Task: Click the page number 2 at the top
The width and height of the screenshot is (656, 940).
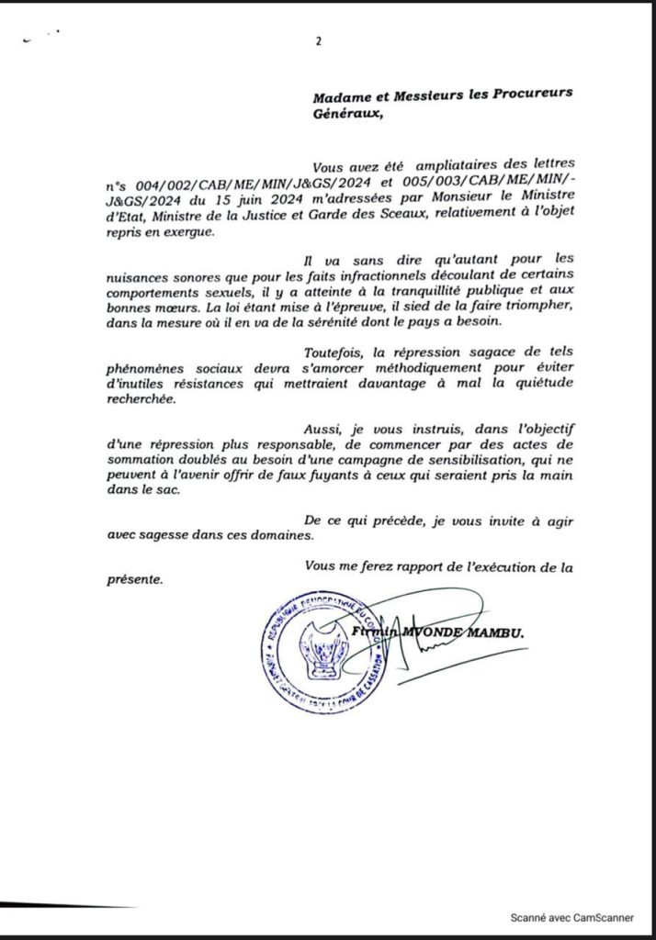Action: (318, 40)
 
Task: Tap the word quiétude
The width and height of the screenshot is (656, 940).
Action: (540, 385)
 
